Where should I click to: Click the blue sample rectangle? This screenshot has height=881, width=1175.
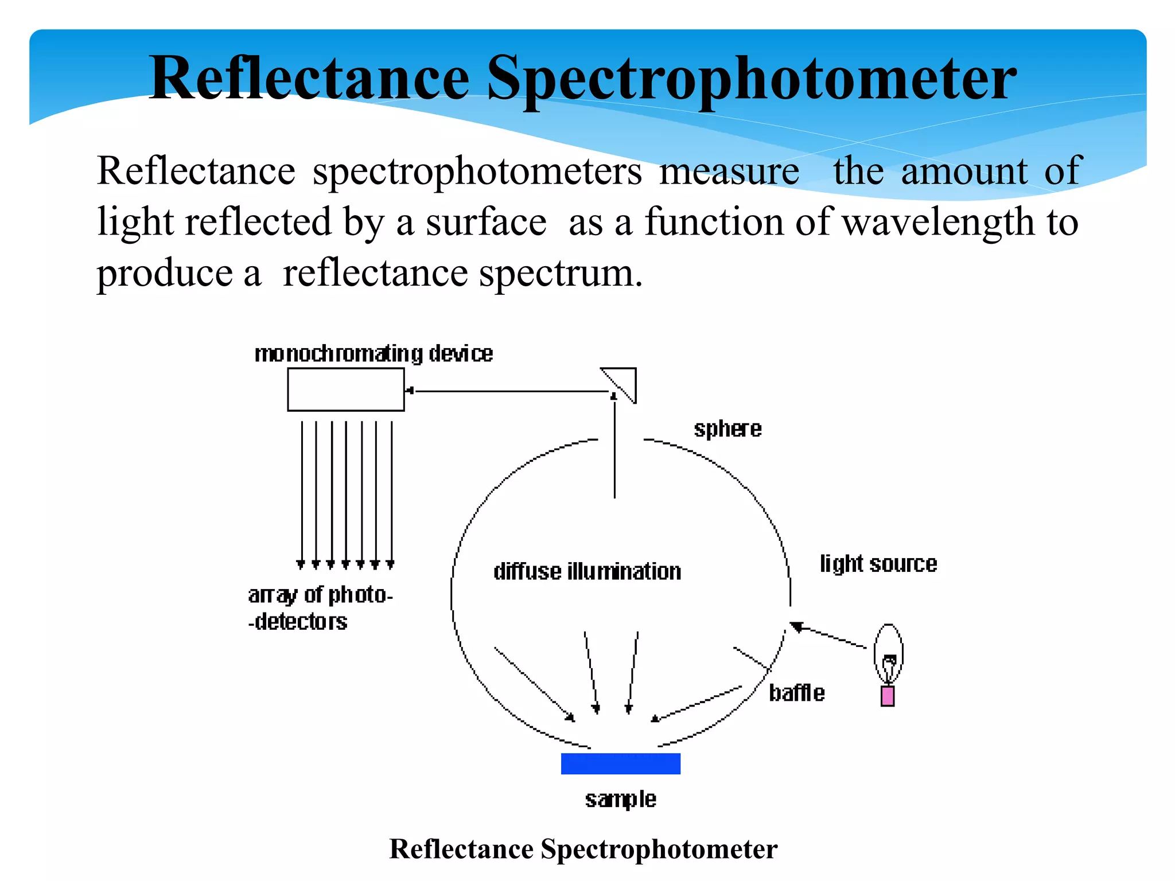(x=620, y=763)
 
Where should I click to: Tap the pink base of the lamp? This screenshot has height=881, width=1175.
(x=888, y=696)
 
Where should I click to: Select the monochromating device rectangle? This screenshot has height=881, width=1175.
(x=346, y=389)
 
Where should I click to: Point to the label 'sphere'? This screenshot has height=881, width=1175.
(x=727, y=429)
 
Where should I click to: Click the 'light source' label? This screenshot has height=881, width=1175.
(x=878, y=564)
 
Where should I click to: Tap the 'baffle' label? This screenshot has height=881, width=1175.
(x=796, y=693)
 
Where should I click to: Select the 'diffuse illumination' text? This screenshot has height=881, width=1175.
(x=587, y=572)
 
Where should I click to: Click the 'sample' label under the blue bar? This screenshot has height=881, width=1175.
(x=620, y=799)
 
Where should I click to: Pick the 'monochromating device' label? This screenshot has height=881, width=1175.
(x=373, y=354)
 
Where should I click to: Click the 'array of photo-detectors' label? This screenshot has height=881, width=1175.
(x=320, y=608)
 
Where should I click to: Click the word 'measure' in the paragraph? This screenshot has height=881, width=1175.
(x=729, y=171)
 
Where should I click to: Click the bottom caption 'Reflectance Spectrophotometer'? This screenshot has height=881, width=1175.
(x=583, y=849)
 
